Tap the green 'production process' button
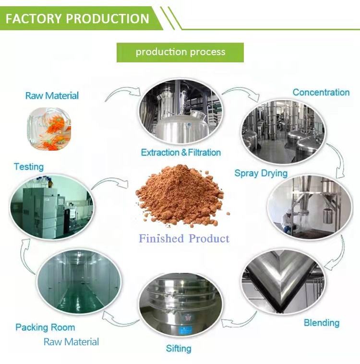[x=180, y=52]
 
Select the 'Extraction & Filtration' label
[x=181, y=153]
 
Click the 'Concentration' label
[x=321, y=92]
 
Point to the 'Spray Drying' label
[x=261, y=173]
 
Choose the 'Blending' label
[x=321, y=323]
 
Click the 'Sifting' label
[x=179, y=348]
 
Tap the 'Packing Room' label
[x=45, y=328]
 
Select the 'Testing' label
[x=28, y=167]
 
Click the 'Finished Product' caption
[x=184, y=238]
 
